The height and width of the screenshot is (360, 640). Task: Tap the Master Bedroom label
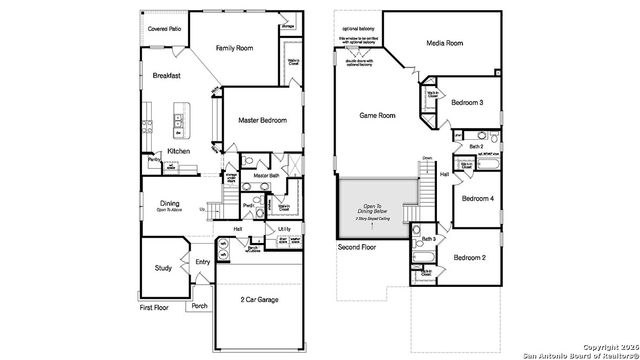point(262,121)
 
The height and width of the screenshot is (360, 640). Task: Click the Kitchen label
point(179,151)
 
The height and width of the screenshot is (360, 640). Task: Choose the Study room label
point(164,267)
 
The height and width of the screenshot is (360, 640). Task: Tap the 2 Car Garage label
point(259,299)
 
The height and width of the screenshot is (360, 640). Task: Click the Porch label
point(200,306)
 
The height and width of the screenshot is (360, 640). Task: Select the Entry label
point(203,262)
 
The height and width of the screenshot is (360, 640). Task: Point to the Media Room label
point(444,44)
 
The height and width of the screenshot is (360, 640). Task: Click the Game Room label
point(377,116)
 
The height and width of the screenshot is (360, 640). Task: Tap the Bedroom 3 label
point(467,103)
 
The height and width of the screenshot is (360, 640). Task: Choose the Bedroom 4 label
point(478,198)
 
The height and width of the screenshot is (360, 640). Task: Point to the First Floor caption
point(154,308)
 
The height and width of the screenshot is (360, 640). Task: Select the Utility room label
point(284,229)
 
